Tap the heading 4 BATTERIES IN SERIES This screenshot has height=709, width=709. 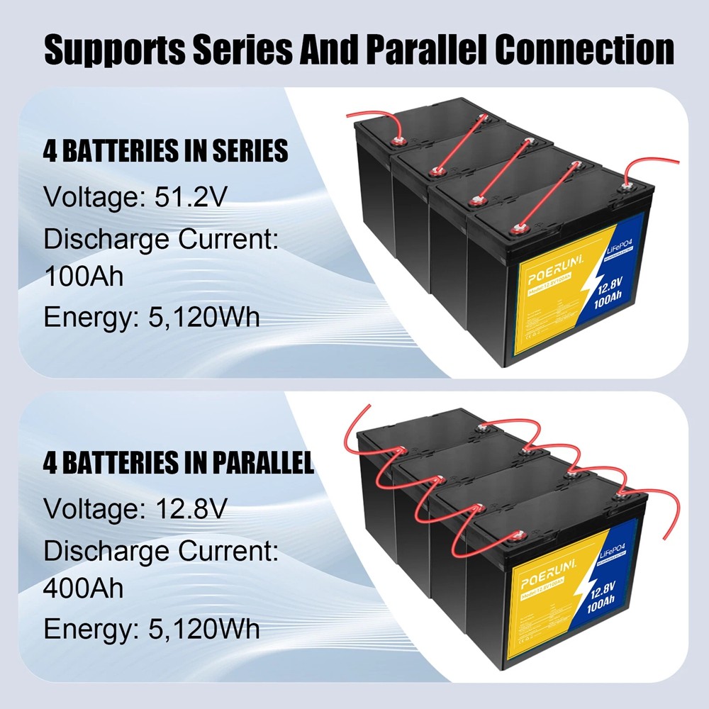coord(165,151)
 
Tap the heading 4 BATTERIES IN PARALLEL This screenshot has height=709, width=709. coord(178,464)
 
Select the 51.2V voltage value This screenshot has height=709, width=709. coord(191,196)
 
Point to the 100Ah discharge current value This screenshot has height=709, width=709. coord(84,275)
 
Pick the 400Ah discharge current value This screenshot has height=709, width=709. coord(84,588)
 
